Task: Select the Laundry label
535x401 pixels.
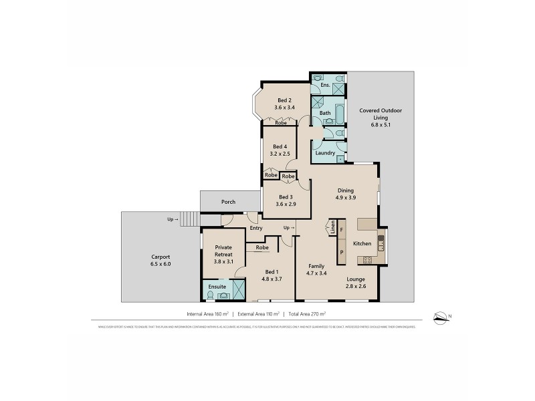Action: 325,153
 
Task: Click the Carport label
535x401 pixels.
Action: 160,257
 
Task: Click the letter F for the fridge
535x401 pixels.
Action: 341,230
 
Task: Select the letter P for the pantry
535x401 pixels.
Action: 341,252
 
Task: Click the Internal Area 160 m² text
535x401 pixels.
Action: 208,313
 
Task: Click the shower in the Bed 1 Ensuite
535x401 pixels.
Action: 239,289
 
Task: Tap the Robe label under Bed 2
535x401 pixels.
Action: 281,123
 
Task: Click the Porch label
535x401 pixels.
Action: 229,201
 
